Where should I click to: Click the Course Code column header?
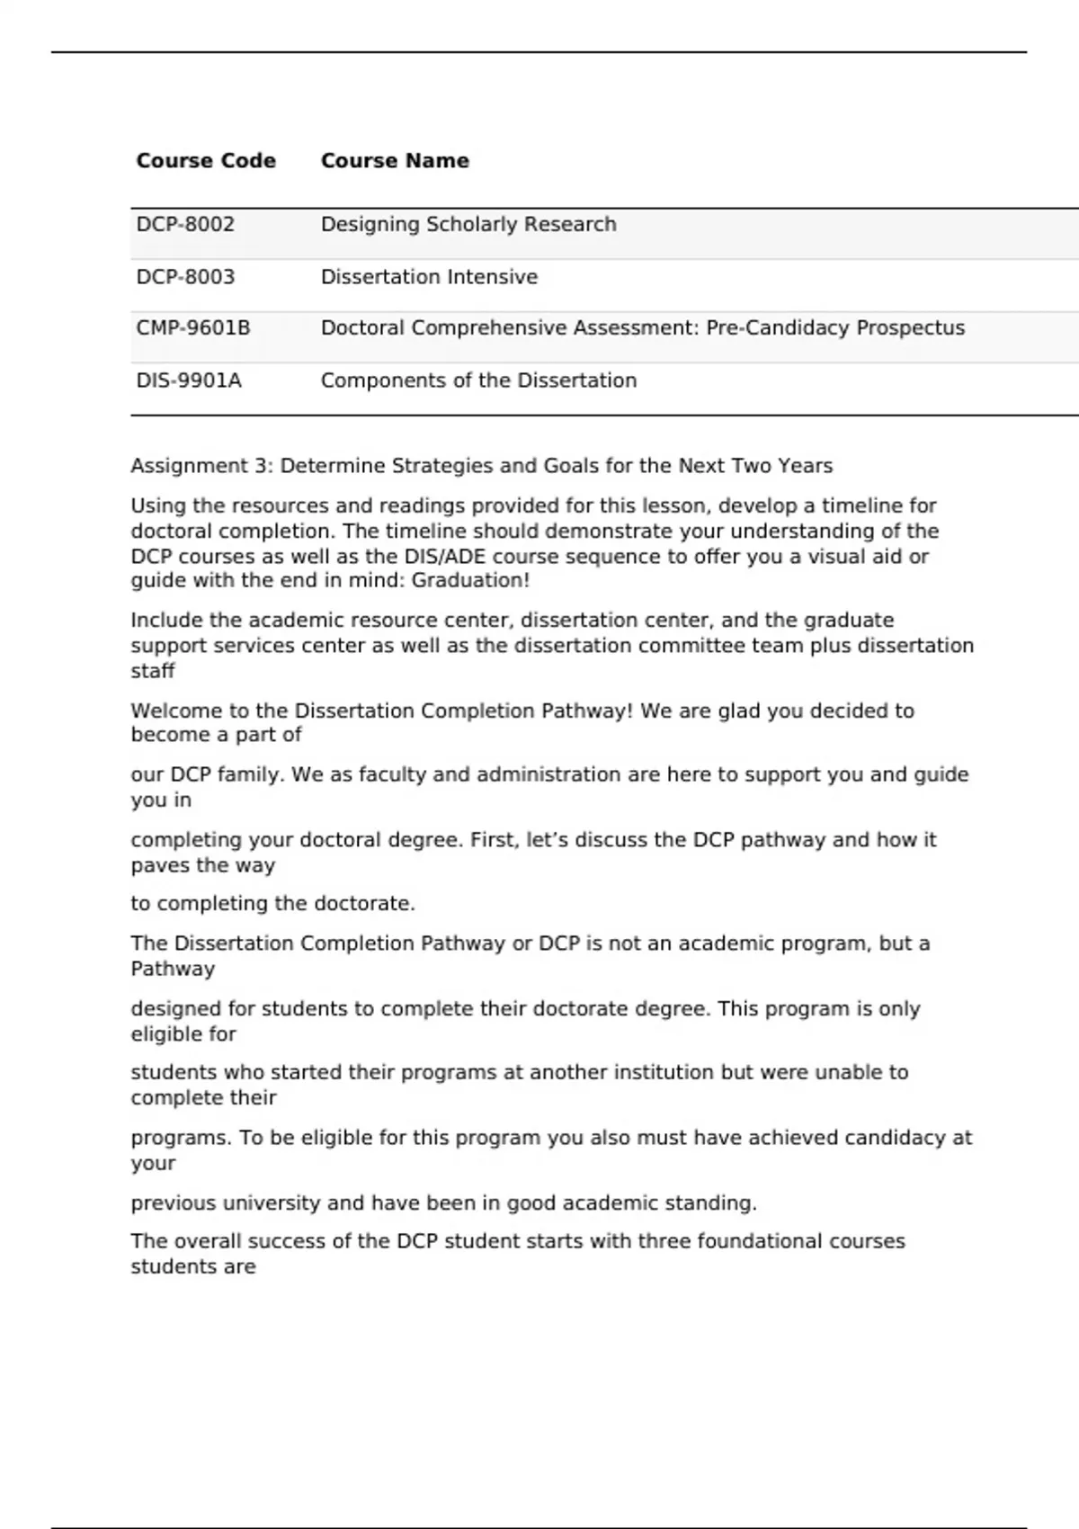tap(206, 161)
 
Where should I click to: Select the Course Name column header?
tap(395, 161)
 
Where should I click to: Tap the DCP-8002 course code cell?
tap(185, 225)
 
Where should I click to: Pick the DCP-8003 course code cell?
tap(185, 277)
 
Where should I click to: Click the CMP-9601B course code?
tap(193, 328)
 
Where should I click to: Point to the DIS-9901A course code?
tap(189, 380)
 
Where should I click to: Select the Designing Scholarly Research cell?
tap(468, 225)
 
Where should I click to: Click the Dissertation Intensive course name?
tap(429, 277)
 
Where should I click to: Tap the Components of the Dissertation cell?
tap(478, 380)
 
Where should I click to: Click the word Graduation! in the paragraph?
tap(470, 581)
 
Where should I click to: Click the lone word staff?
tap(153, 671)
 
